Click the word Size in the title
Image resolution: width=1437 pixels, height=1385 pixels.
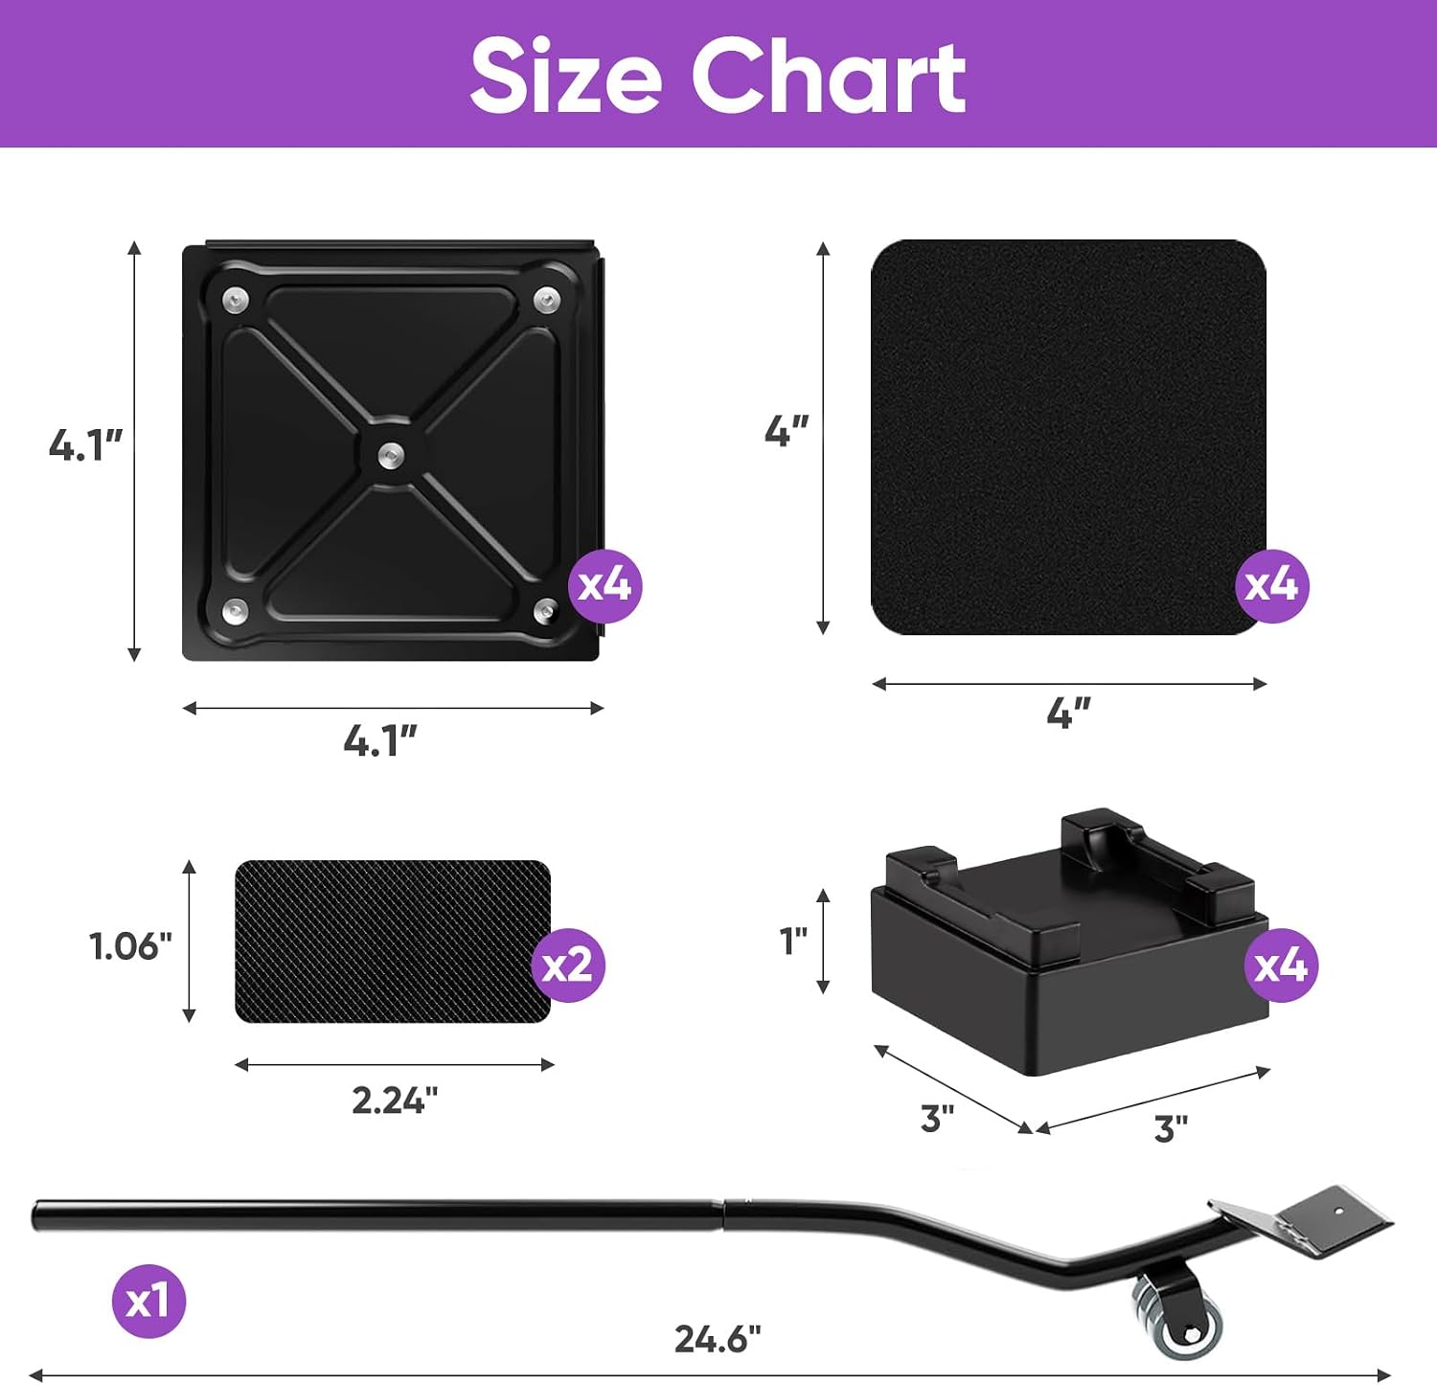coord(565,76)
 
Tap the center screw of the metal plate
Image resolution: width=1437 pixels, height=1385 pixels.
coord(390,453)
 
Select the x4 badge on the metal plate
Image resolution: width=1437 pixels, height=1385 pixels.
coord(604,584)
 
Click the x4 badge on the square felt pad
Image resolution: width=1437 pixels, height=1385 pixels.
coord(1271,584)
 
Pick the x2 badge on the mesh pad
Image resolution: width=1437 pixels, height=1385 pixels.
coord(568,965)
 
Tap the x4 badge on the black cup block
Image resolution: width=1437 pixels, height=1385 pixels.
coord(1281,965)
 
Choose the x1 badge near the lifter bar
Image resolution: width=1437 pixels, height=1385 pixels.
coord(148,1301)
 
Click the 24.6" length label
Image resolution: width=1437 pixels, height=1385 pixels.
coord(718,1338)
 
